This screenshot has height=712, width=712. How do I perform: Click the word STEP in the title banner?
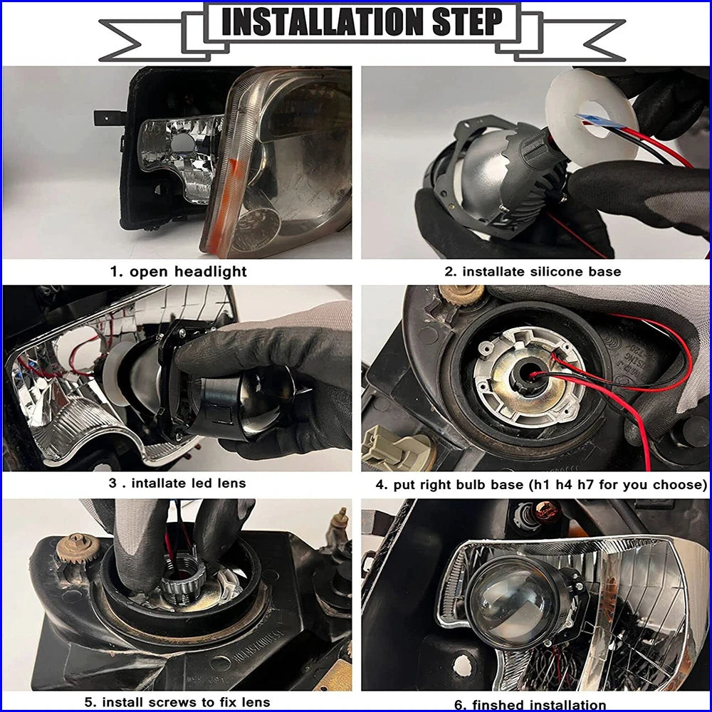468,22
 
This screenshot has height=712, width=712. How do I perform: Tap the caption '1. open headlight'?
179,271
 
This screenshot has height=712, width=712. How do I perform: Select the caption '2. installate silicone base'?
533,271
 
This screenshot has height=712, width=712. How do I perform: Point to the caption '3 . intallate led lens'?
177,483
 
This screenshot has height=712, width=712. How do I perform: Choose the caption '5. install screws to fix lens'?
177,702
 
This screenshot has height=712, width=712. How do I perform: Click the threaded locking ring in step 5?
182,584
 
